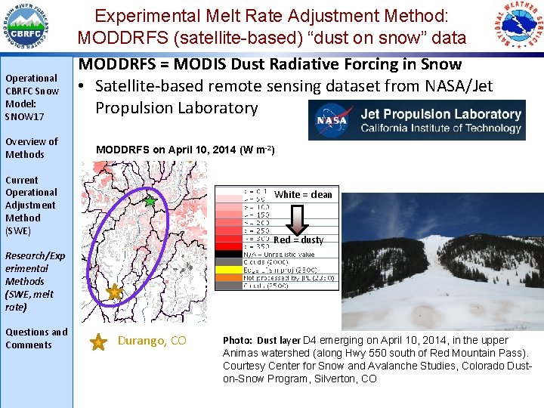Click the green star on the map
[150, 201]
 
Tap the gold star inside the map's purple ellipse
[115, 292]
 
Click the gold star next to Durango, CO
[98, 343]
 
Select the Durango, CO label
[152, 341]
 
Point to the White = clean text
[303, 195]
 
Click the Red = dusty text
[298, 240]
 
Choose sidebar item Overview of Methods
[31, 148]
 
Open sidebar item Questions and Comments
[36, 338]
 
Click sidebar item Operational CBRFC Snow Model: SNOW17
[31, 97]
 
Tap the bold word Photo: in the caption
[238, 341]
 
